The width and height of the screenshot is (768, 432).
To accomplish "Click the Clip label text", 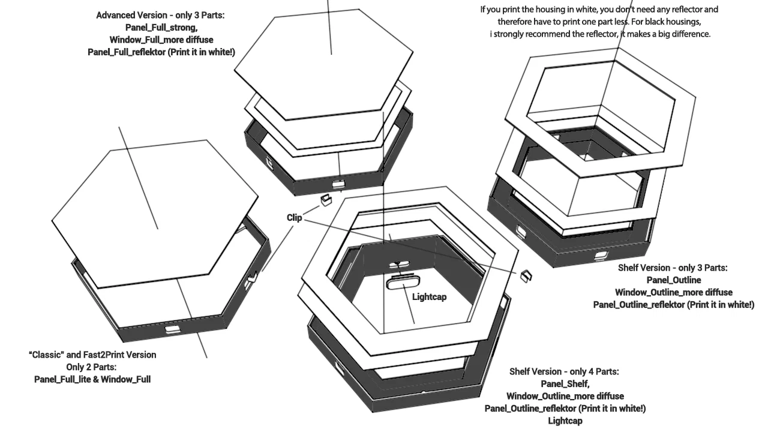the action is [294, 218].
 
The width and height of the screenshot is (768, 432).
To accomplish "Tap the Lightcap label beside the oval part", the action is [429, 297].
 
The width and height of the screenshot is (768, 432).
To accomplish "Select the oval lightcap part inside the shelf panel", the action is [403, 283].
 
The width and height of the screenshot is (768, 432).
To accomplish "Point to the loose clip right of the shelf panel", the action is [526, 276].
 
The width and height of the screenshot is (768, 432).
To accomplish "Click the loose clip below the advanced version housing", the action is [326, 200].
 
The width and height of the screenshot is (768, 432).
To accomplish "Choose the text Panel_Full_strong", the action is [161, 28].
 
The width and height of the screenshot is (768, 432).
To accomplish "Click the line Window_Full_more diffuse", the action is [161, 40].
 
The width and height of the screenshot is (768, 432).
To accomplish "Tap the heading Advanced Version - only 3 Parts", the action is [160, 15].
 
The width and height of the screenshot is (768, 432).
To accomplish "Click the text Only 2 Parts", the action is [91, 367].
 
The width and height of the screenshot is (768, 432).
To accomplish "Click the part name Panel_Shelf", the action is [565, 384].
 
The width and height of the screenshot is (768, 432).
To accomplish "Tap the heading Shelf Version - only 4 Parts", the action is [564, 371].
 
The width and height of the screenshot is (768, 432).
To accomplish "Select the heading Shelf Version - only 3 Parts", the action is [673, 268].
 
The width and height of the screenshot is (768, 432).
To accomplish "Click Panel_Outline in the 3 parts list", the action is [674, 280].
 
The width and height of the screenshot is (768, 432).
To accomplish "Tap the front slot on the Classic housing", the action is [172, 330].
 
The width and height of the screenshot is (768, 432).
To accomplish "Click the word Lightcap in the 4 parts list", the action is [565, 421].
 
